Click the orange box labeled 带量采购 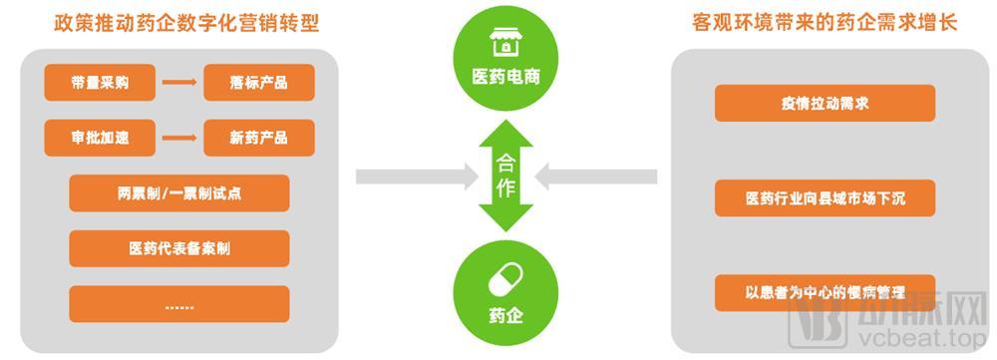100,83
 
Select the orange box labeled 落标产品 258,83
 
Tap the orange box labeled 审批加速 100,138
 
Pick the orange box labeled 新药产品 258,138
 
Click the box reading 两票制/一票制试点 179,193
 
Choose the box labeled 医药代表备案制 179,248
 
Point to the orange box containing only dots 179,303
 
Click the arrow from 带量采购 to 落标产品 179,83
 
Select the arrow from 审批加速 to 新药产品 179,138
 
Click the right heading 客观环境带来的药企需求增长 825,23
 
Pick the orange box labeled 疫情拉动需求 826,103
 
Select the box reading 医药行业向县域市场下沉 826,198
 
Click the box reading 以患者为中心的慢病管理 826,293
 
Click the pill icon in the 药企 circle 505,282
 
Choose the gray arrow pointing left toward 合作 595,178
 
